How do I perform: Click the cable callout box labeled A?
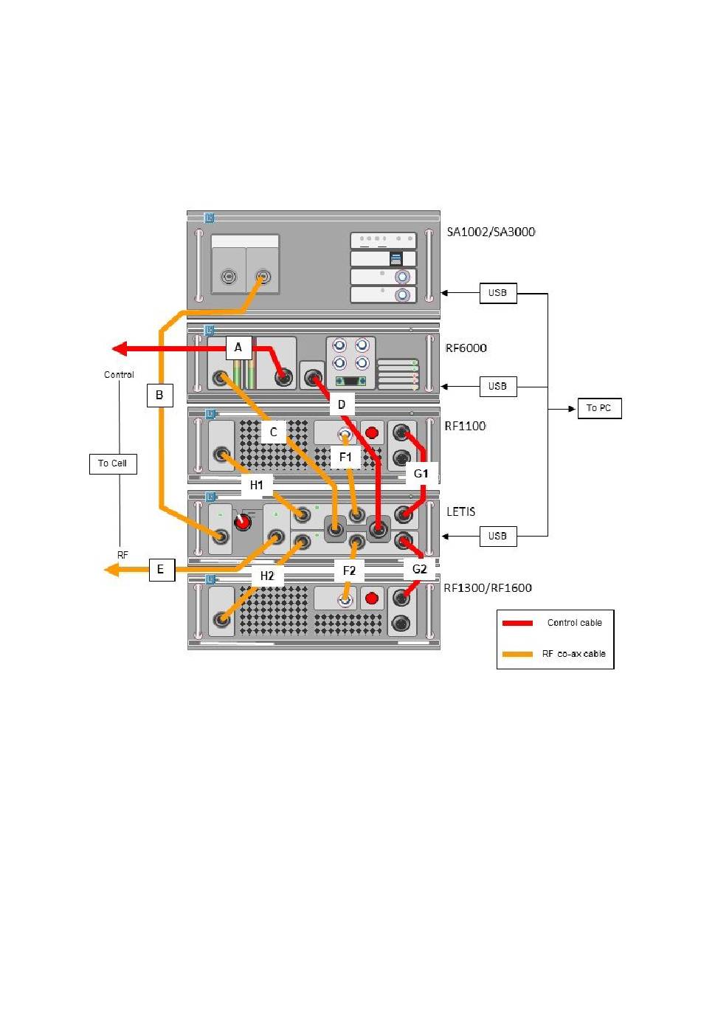pos(238,348)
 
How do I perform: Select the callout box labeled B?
pos(159,396)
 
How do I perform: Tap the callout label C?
pos(274,432)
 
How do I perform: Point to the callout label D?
pos(342,404)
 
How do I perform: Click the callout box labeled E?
pos(162,570)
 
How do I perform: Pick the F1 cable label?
pos(345,457)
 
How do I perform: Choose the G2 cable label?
pos(419,569)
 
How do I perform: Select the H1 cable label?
pos(257,485)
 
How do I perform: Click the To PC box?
pos(599,408)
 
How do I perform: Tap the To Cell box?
pos(113,463)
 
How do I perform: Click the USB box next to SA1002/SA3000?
pos(498,293)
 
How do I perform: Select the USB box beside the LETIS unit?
pos(498,537)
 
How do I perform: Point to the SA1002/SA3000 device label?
pos(491,232)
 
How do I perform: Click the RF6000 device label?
pos(466,348)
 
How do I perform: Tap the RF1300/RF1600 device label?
pos(488,587)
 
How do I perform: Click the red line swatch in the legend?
pos(517,623)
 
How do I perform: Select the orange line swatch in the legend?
pos(517,654)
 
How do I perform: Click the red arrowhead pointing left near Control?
pos(120,349)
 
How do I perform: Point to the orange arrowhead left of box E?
pos(112,570)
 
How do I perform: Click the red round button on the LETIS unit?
pos(243,523)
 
